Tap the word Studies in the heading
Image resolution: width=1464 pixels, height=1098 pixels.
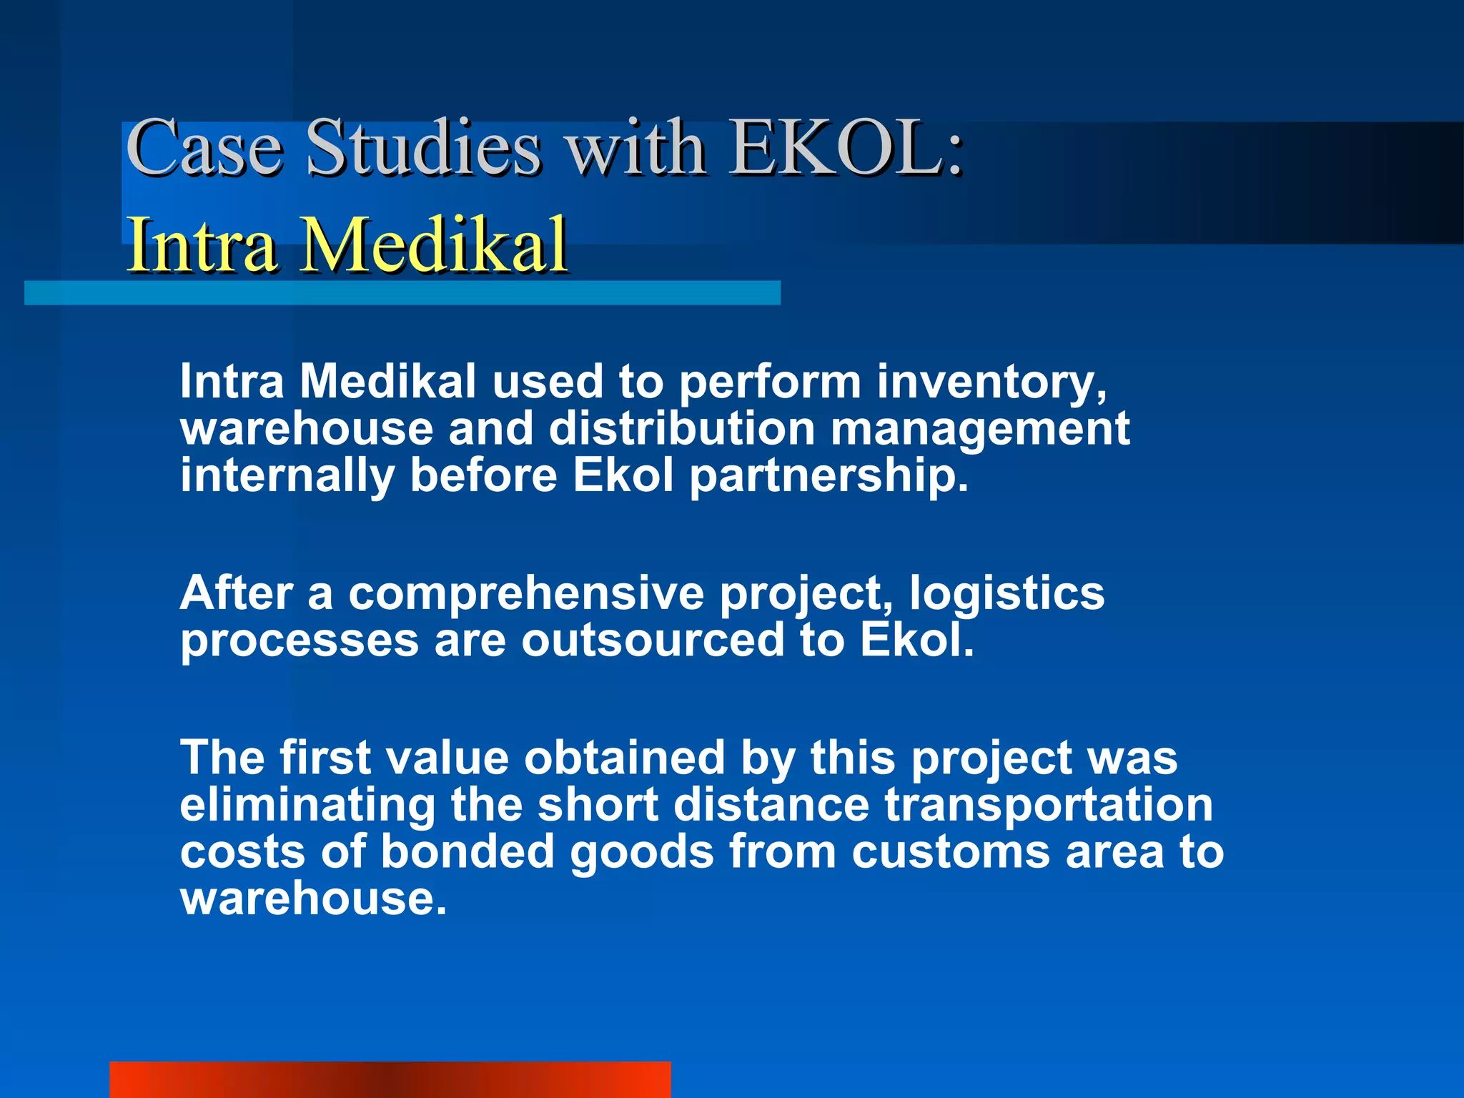click(423, 149)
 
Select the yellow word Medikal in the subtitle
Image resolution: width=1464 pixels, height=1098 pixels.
click(433, 245)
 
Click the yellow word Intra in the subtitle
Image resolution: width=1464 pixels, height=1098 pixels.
click(202, 245)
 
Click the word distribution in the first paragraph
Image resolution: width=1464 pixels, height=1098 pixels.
click(682, 429)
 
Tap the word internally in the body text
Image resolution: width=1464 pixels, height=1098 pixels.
click(287, 477)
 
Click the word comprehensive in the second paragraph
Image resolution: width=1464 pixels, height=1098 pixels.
click(526, 594)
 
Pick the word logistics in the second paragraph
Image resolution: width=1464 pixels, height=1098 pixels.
click(1006, 594)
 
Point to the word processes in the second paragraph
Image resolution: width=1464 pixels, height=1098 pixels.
click(299, 640)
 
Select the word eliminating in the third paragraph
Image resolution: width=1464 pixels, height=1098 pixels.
click(307, 805)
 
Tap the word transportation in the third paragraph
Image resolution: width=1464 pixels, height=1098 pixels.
click(1049, 805)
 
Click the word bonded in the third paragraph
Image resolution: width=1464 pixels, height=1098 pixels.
click(468, 852)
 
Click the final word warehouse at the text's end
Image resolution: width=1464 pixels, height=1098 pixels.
click(313, 899)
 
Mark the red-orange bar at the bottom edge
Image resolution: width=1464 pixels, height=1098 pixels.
click(390, 1079)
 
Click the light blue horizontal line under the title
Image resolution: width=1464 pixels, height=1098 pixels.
click(402, 293)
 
